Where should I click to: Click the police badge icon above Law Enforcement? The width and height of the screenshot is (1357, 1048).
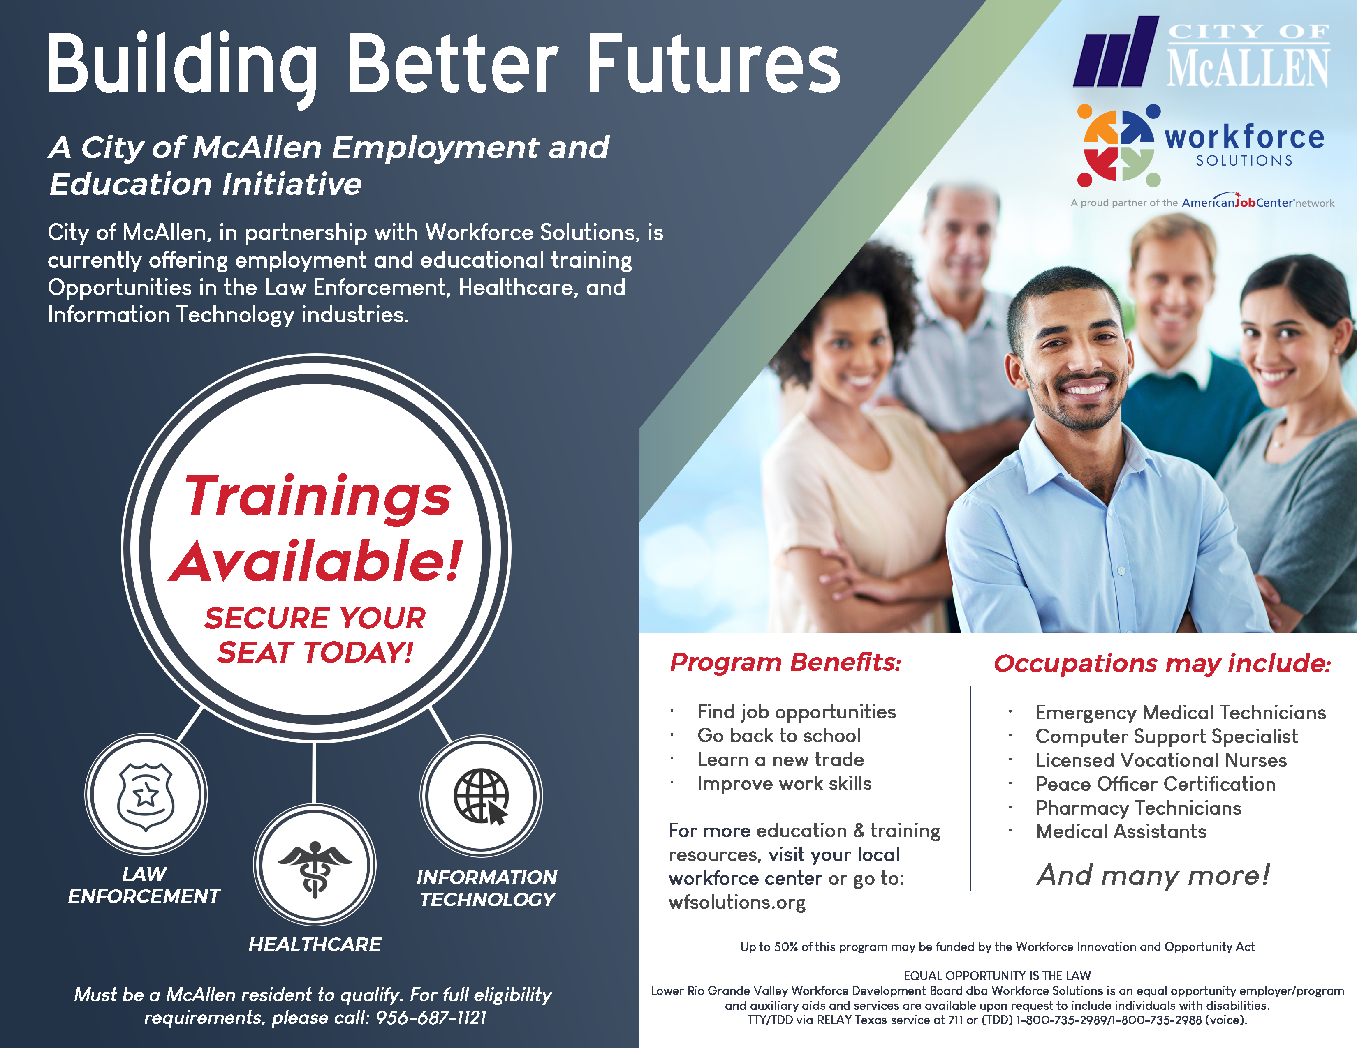pos(146,796)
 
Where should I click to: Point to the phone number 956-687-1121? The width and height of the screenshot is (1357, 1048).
pos(431,1018)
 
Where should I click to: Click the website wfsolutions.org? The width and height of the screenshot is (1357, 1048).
pos(737,902)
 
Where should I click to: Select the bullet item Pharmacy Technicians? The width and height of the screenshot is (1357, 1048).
pos(1138,808)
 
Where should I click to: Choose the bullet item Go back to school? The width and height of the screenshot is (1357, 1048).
pos(779,736)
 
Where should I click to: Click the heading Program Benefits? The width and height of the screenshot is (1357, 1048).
pos(785,663)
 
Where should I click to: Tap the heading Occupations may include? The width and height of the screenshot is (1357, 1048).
pos(1162,663)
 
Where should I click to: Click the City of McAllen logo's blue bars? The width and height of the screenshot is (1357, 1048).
pos(1116,51)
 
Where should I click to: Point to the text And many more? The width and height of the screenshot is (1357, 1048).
pos(1153,875)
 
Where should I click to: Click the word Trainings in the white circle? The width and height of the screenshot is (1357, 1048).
pos(317,497)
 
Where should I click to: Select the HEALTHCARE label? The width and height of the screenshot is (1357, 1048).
pos(315,944)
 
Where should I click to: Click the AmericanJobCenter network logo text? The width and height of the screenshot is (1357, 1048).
pos(1257,202)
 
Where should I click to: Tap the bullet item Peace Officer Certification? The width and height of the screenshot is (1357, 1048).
pos(1156,784)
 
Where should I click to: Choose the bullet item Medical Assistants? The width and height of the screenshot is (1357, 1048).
pos(1121,831)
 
